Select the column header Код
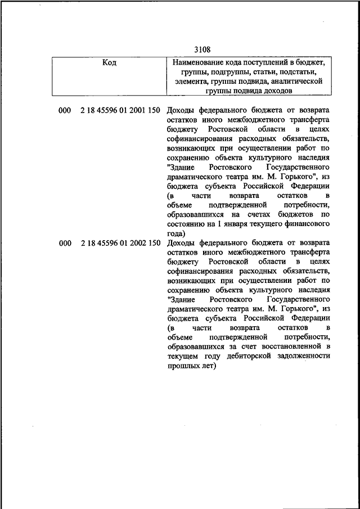tap(109, 63)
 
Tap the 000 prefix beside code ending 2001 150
tap(65, 110)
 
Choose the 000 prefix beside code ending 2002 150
tap(65, 243)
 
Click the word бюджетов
tap(296, 214)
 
